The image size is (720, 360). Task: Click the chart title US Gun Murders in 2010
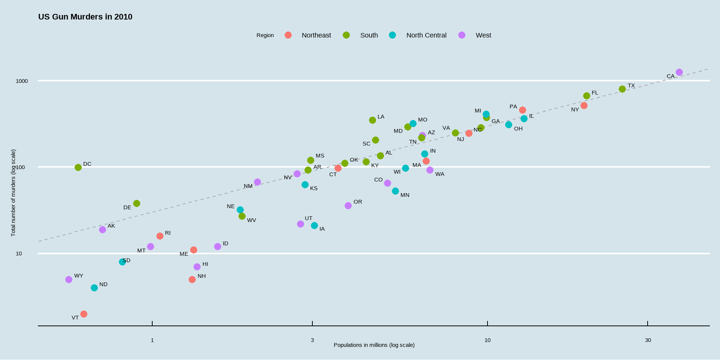[x=85, y=17]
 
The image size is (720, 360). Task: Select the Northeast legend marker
[x=288, y=35]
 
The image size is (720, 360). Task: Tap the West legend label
[x=483, y=35]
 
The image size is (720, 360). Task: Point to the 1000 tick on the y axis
[x=22, y=81]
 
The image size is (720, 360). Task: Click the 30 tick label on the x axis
[x=648, y=340]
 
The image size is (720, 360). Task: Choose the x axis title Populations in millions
[x=374, y=345]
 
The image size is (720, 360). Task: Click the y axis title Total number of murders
[x=13, y=193]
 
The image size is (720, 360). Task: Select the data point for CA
[x=679, y=72]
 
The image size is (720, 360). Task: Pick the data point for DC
[x=78, y=167]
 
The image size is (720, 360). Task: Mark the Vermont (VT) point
[x=84, y=314]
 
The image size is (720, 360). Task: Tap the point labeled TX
[x=622, y=89]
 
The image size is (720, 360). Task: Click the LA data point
[x=372, y=120]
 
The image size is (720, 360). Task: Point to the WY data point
[x=69, y=279]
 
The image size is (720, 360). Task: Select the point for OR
[x=348, y=205]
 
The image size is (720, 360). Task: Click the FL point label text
[x=595, y=93]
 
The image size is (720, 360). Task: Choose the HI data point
[x=197, y=267]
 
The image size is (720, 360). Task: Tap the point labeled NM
[x=257, y=182]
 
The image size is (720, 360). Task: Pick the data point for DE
[x=136, y=203]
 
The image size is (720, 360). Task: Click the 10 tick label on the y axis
[x=19, y=253]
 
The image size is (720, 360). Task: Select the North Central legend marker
[x=392, y=35]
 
